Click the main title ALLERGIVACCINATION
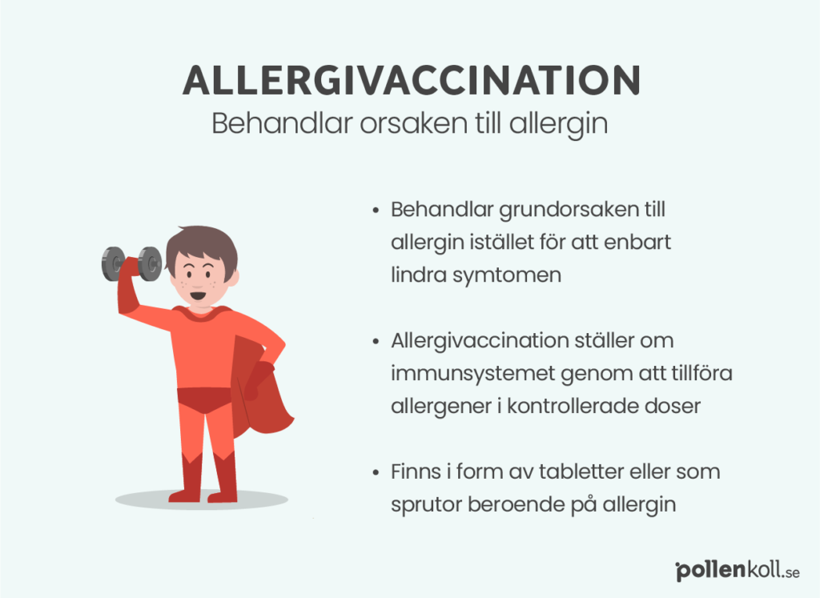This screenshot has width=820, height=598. [411, 80]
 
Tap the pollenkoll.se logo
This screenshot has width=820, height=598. [738, 572]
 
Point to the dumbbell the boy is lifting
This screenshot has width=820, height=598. [132, 263]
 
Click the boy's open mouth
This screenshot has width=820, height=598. [198, 296]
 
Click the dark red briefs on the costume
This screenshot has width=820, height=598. [204, 399]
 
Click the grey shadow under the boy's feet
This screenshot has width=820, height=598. [201, 500]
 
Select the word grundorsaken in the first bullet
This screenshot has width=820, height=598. [569, 211]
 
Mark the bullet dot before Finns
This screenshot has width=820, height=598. [376, 473]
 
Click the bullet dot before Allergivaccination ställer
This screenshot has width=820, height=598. [376, 342]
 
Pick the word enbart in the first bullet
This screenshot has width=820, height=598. [637, 243]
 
